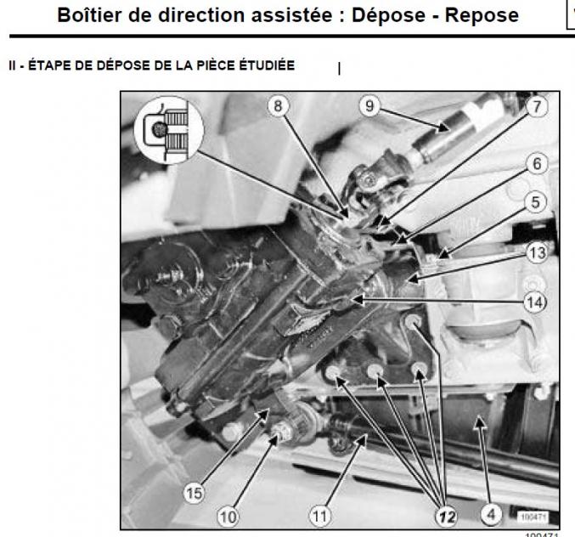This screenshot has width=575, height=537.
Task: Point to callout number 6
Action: [x=535, y=166]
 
